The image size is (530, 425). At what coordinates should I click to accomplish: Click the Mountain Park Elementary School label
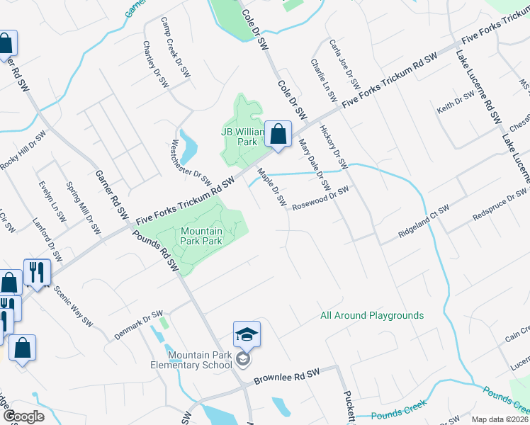[201, 360]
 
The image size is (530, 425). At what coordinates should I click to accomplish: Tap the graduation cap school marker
[247, 334]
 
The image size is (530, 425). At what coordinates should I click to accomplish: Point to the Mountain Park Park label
[202, 236]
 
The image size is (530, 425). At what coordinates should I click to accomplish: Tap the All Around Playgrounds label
[372, 315]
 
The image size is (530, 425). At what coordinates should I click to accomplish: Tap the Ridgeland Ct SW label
[424, 220]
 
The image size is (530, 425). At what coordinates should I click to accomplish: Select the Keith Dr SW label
[455, 105]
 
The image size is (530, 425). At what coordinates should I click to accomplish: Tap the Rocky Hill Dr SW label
[23, 150]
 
